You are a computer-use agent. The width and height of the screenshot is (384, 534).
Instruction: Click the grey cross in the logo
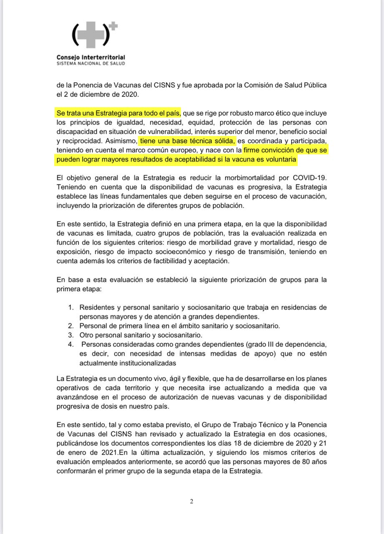89,35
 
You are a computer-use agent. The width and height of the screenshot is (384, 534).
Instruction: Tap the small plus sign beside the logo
113,26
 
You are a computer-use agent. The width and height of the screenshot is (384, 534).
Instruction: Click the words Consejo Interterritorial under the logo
91,57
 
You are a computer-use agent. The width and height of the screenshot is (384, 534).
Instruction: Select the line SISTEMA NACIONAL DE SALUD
90,63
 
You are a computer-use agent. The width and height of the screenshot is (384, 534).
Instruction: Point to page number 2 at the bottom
191,501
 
